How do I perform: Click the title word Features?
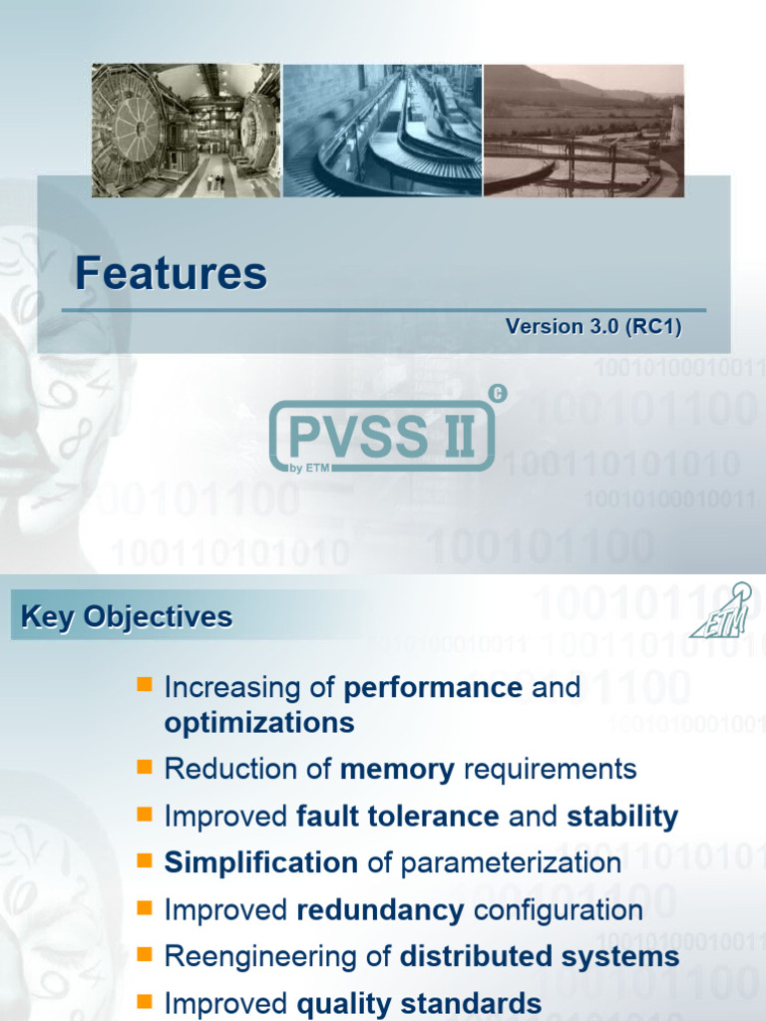click(x=172, y=273)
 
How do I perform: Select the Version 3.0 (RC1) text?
click(x=593, y=326)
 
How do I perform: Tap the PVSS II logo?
click(x=383, y=437)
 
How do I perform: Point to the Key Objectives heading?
click(x=127, y=617)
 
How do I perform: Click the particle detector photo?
click(x=186, y=131)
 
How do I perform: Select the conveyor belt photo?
click(x=383, y=131)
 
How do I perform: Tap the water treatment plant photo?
click(x=583, y=131)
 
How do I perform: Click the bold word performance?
click(x=432, y=688)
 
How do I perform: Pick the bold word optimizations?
click(x=258, y=723)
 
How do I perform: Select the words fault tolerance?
click(x=399, y=818)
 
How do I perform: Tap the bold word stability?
click(x=622, y=818)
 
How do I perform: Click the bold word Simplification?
click(x=260, y=862)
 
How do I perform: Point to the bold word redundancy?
click(x=380, y=909)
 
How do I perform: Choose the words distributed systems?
click(x=540, y=957)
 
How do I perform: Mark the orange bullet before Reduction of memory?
click(x=144, y=767)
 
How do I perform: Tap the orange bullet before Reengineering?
click(x=144, y=955)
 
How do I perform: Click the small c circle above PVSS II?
click(x=499, y=394)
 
